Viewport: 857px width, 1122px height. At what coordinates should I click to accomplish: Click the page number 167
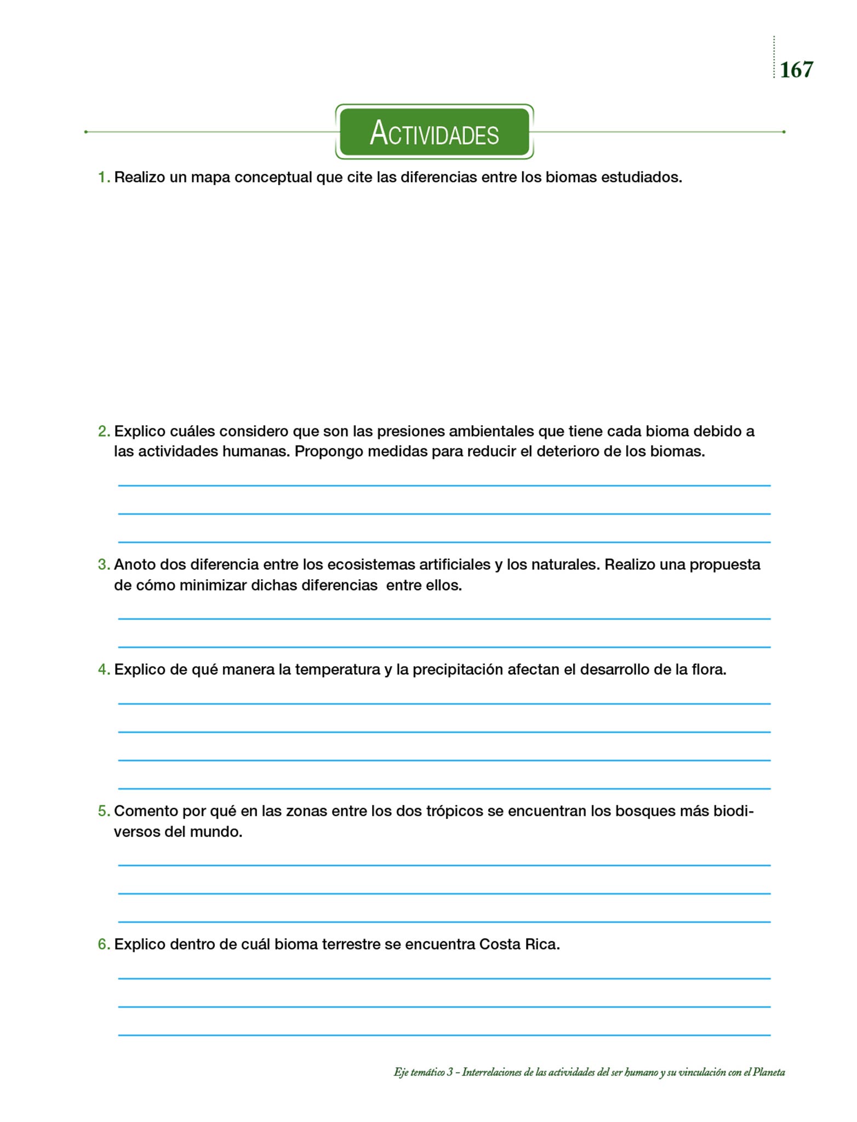click(x=796, y=70)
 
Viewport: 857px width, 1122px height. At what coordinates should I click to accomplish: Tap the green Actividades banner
click(x=434, y=132)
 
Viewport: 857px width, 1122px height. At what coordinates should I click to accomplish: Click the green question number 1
click(x=104, y=178)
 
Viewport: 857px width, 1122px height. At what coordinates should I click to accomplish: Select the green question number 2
click(x=104, y=432)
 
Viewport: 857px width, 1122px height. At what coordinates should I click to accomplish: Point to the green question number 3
click(x=104, y=565)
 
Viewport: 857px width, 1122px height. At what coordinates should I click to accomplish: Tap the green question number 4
click(x=104, y=670)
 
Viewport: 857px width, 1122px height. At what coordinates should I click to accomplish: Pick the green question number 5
click(x=104, y=811)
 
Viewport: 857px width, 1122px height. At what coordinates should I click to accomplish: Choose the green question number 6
click(x=104, y=944)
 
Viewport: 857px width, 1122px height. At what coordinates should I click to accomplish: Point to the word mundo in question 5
click(x=215, y=832)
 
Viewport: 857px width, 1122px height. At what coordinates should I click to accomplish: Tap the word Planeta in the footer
click(x=769, y=1072)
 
